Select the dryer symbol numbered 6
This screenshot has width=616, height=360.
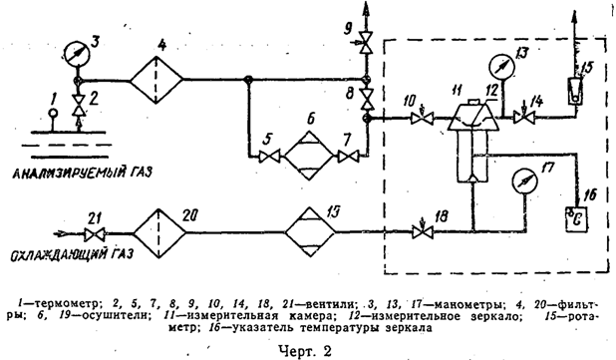pos(308,155)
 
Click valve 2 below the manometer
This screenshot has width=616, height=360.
pos(78,99)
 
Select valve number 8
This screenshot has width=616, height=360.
pos(367,98)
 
